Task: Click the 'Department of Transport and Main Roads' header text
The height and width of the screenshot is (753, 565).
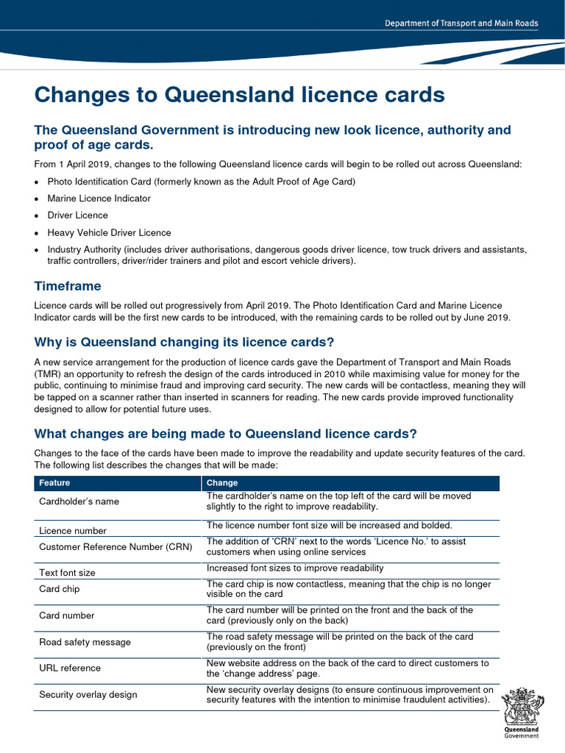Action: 461,24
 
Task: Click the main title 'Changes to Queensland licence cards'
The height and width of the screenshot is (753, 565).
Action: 240,95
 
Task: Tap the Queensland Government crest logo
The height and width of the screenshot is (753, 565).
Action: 521,711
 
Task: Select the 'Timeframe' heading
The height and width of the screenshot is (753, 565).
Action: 68,286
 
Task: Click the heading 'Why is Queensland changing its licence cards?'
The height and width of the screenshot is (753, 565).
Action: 184,342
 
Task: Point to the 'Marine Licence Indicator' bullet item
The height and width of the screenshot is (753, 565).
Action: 99,199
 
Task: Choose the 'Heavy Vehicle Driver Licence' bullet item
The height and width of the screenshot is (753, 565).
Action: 109,232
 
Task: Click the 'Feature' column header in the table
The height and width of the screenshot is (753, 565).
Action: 55,483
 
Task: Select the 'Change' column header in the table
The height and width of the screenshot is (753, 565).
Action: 222,483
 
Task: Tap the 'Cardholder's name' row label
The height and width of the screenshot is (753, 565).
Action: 79,502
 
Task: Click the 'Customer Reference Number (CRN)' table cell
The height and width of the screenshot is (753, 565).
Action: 115,547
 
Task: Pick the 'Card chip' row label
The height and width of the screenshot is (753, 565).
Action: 59,589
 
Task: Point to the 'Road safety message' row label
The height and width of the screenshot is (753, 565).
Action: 85,642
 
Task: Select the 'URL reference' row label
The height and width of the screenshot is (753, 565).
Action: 70,668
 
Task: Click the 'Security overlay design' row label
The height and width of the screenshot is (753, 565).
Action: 88,695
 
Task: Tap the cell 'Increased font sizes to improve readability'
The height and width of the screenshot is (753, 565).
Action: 295,568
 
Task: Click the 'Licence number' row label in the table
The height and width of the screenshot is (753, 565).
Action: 72,531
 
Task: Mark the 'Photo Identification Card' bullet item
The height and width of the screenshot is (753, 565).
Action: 191,182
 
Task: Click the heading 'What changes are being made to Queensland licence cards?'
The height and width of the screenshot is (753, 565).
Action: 226,433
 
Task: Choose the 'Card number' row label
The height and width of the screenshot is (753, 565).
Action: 66,615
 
